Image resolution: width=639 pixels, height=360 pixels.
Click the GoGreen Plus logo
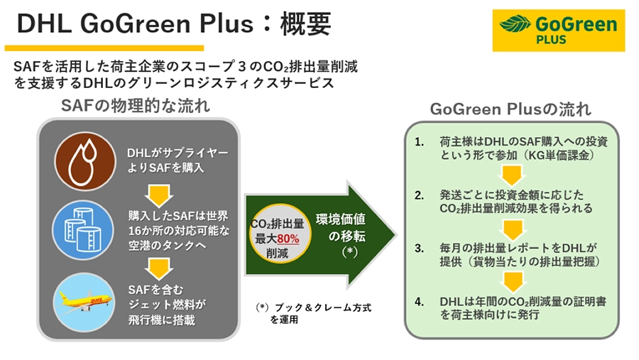point(558,30)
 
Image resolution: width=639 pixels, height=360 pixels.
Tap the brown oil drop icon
point(85,161)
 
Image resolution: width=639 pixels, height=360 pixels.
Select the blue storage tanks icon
point(83,230)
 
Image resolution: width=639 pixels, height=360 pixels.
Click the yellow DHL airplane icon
point(84,302)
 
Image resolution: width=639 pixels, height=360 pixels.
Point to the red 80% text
point(288,239)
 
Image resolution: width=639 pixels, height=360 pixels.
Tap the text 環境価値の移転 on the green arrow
point(341,228)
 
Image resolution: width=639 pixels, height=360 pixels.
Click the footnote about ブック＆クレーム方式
point(313,313)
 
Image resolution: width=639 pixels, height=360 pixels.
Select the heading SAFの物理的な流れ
point(136,106)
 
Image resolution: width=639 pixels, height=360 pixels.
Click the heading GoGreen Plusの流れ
point(510,109)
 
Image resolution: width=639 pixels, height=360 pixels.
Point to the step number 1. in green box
point(420,142)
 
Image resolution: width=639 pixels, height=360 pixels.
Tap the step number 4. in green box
point(420,302)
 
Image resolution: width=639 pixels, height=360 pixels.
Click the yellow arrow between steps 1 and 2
point(512,175)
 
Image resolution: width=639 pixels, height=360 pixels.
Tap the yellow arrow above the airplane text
point(159,268)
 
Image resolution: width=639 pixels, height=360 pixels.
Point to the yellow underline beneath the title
point(104,48)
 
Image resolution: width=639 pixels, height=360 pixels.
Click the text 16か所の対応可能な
point(179,231)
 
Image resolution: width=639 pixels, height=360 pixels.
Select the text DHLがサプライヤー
point(178,153)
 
